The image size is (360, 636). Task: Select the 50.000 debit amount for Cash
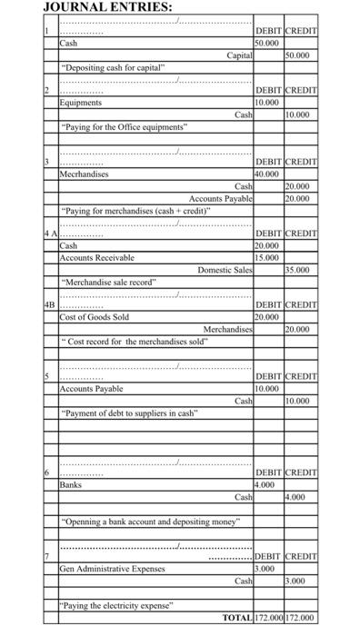pos(267,43)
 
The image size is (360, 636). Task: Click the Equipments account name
pos(81,103)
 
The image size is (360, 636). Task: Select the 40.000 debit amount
pos(267,173)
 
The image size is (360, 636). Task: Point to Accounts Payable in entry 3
pos(221,197)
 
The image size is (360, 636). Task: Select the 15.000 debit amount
pos(267,257)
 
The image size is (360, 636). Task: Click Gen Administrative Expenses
pos(113,569)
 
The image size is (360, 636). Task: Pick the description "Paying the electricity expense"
pos(118,604)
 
